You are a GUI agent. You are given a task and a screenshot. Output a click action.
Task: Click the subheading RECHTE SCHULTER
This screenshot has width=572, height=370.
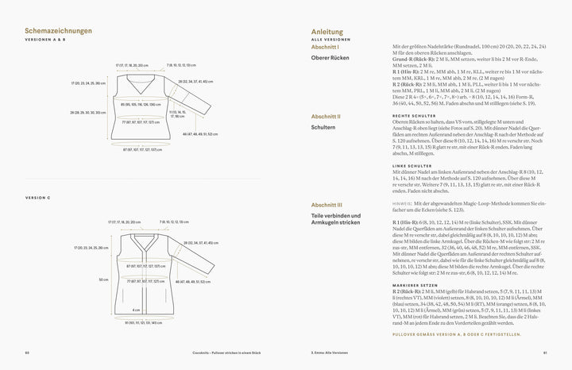tap(412, 117)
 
